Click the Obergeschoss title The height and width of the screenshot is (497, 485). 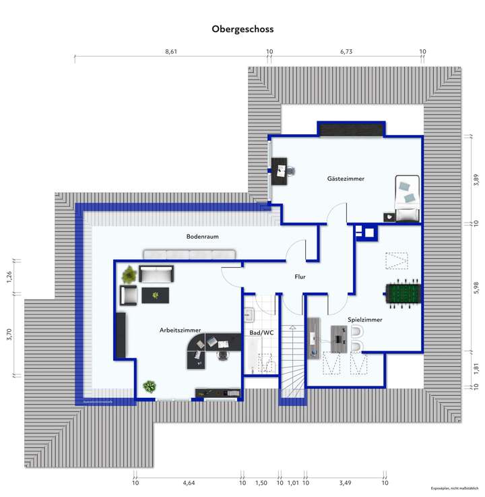(x=243, y=29)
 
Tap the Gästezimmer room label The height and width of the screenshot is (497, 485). (x=346, y=179)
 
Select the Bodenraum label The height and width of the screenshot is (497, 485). (x=202, y=237)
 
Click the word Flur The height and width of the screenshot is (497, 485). (x=300, y=277)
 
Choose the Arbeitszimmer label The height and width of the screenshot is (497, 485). (x=180, y=330)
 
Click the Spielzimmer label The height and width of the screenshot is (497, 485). (x=364, y=320)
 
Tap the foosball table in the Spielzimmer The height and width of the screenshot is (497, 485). (x=402, y=293)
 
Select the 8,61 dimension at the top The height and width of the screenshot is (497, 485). (x=171, y=51)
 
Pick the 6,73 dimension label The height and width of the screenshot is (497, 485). (x=346, y=51)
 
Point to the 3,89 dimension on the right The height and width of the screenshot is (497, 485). (x=476, y=179)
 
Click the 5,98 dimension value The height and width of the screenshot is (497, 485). (x=476, y=288)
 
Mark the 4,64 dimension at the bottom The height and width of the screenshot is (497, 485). (x=189, y=483)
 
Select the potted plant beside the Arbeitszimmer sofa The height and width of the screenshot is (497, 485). (x=128, y=274)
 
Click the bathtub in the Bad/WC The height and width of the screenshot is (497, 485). (x=249, y=355)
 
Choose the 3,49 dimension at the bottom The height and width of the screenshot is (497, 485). (x=345, y=483)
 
